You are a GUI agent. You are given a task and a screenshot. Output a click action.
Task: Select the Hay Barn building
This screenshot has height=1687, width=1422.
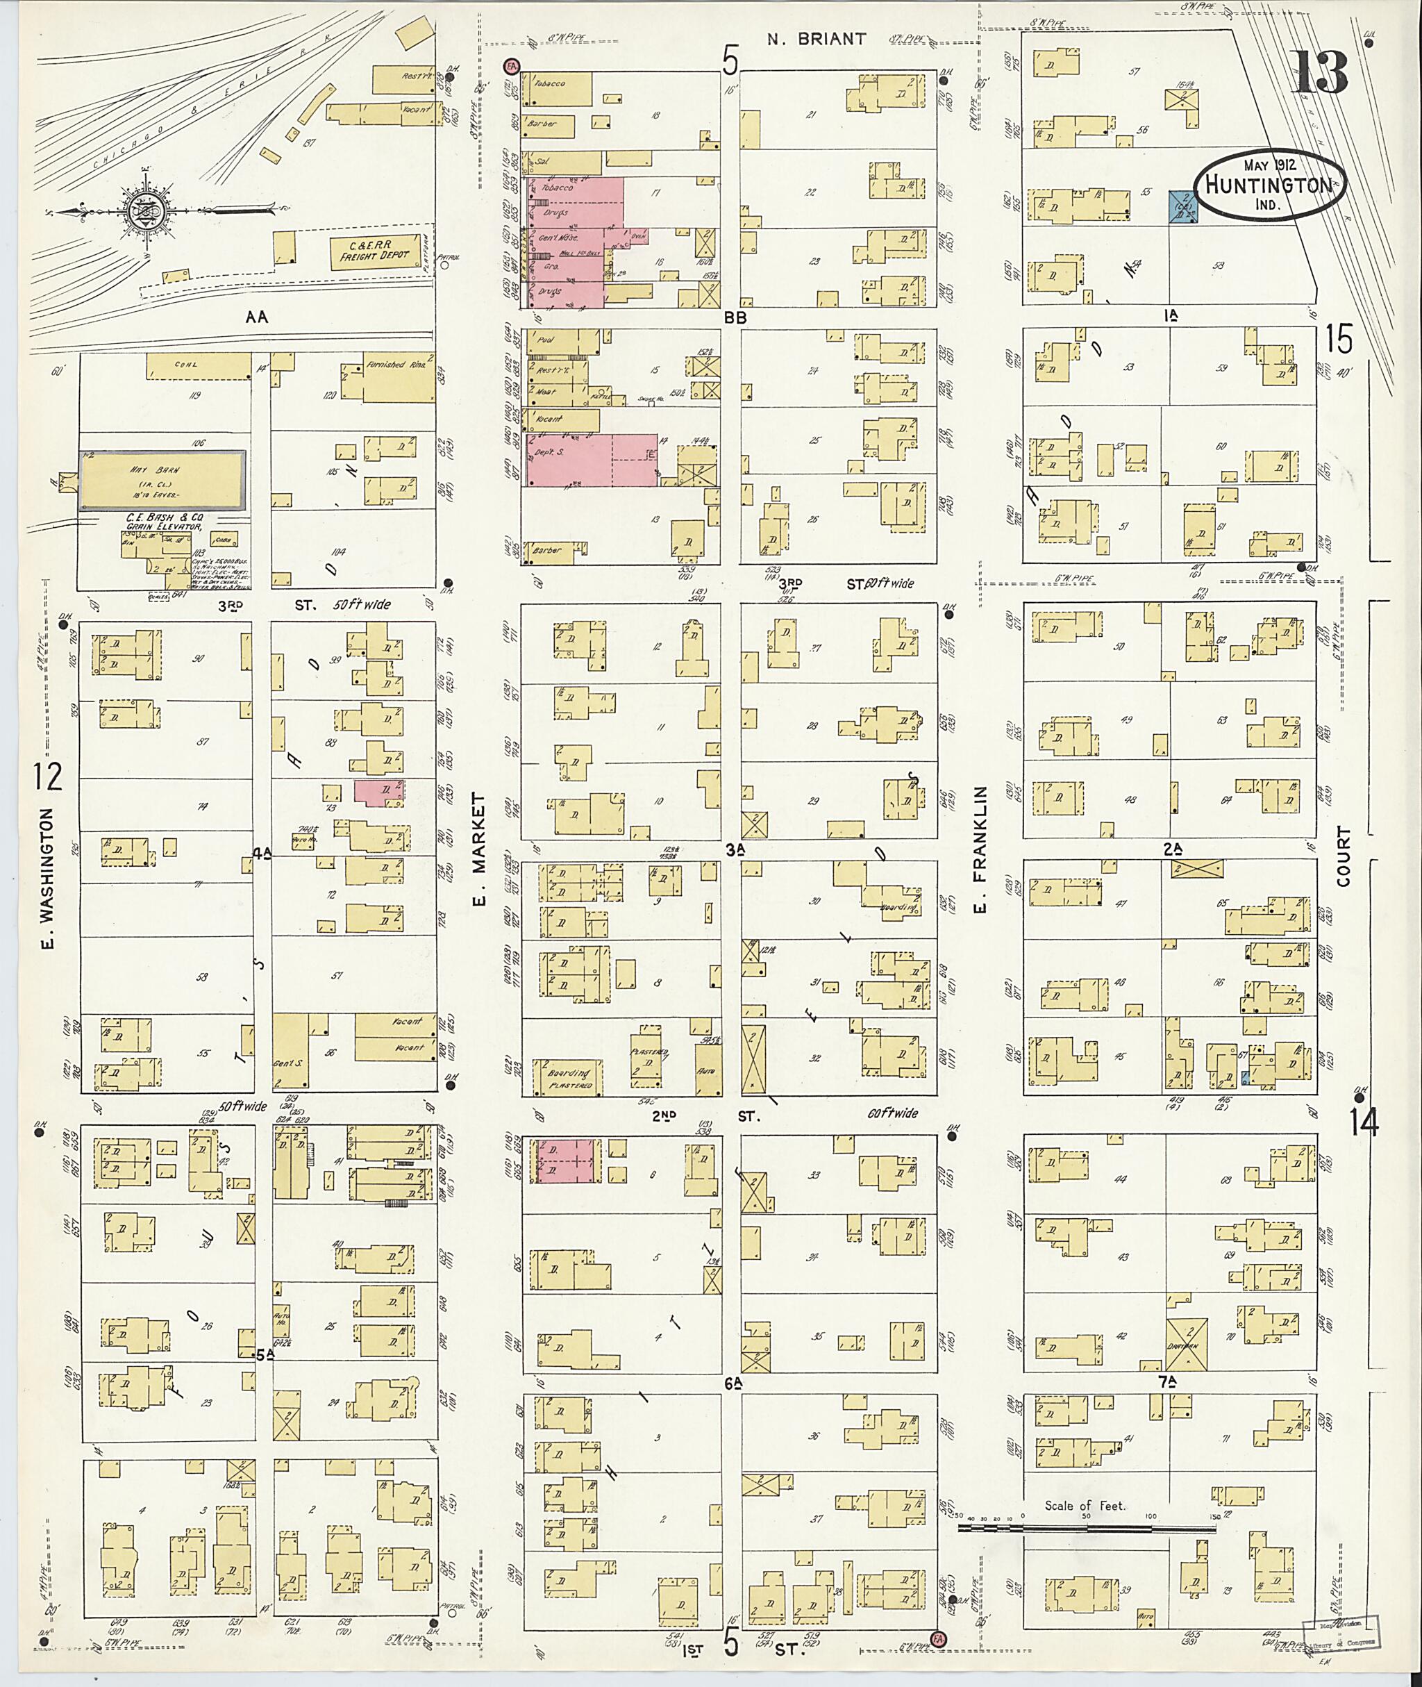(162, 481)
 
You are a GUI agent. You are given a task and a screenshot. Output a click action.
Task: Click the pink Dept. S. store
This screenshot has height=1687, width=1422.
(592, 460)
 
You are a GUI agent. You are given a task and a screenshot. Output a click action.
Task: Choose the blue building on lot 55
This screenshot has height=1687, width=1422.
(1182, 206)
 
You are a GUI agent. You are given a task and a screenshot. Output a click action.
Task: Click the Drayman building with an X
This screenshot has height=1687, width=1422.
(1187, 1343)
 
